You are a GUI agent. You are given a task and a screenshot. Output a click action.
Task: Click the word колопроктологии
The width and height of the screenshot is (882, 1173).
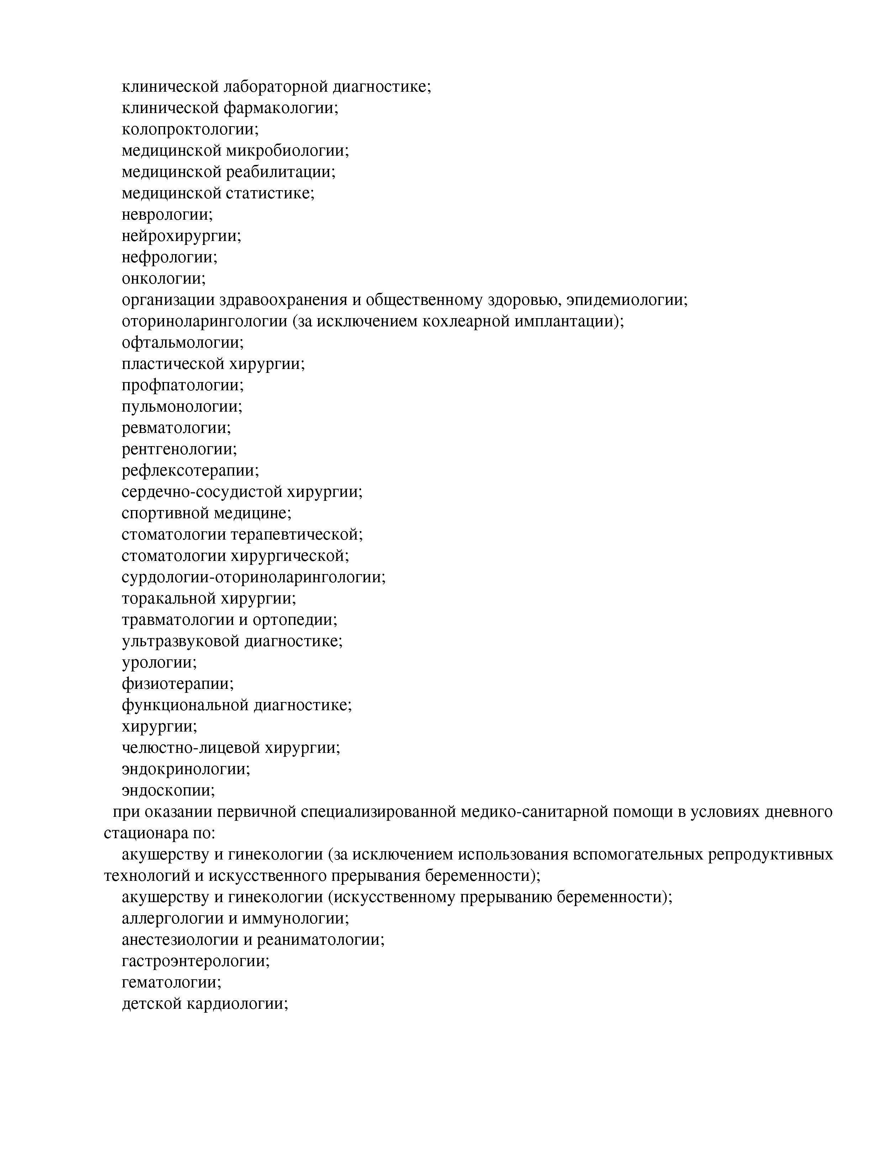click(189, 129)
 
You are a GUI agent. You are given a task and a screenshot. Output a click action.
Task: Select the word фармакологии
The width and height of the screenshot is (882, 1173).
click(280, 108)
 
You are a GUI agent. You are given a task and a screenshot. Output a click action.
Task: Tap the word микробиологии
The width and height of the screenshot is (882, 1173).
click(287, 151)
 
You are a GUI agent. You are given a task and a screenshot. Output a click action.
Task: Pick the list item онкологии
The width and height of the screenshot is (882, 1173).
click(163, 278)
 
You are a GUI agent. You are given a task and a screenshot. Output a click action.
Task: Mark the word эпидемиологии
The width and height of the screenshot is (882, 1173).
click(626, 300)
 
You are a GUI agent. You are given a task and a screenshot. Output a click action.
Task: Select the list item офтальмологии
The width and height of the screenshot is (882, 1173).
click(183, 343)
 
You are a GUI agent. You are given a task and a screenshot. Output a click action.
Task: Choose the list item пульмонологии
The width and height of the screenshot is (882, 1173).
click(181, 407)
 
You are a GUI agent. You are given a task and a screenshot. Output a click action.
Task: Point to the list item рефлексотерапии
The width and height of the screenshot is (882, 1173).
click(190, 470)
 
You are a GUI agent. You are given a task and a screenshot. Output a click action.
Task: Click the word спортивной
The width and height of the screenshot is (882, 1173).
click(165, 513)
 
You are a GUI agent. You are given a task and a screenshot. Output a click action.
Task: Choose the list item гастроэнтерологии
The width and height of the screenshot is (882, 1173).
click(195, 961)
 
